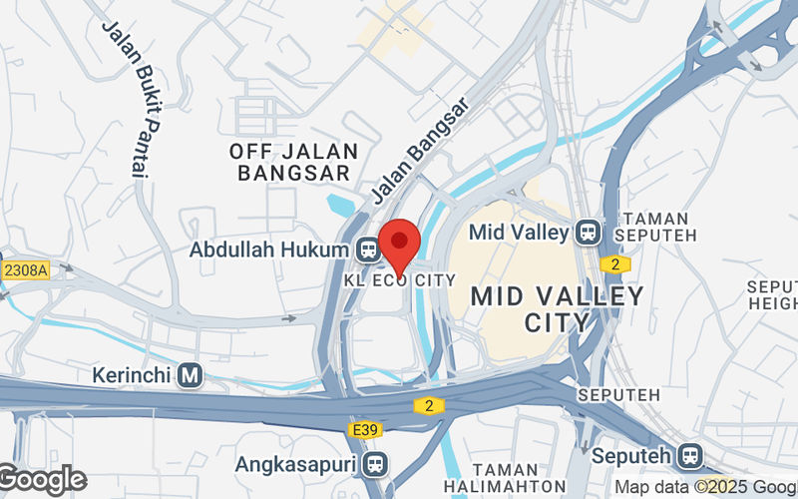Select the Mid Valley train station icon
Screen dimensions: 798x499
point(587,233)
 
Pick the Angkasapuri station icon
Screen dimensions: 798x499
point(375,463)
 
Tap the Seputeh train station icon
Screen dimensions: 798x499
point(689,456)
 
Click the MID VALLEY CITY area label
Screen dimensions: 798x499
point(557,309)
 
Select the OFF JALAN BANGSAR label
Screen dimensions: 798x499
point(292,162)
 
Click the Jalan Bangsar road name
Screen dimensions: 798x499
point(418,149)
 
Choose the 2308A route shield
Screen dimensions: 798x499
point(25,269)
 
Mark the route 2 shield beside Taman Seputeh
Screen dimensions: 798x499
point(615,263)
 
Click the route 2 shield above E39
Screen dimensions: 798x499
point(428,404)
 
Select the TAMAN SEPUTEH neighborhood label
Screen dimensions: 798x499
point(652,227)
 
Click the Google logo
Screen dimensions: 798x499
point(42,480)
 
